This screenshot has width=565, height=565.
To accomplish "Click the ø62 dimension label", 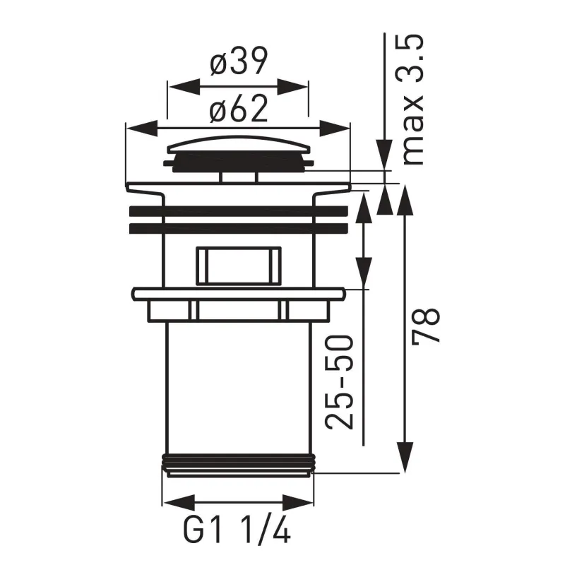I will (x=238, y=109).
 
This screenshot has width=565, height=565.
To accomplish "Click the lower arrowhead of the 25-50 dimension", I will (x=364, y=268).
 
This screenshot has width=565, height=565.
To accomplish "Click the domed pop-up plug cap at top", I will (x=238, y=148).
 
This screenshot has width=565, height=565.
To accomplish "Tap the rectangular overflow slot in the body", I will (x=238, y=266).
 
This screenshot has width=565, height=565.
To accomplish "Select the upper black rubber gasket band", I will (x=238, y=210).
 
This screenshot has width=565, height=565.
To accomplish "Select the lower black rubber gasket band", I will (x=238, y=228).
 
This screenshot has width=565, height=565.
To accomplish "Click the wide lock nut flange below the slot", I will (x=238, y=293).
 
